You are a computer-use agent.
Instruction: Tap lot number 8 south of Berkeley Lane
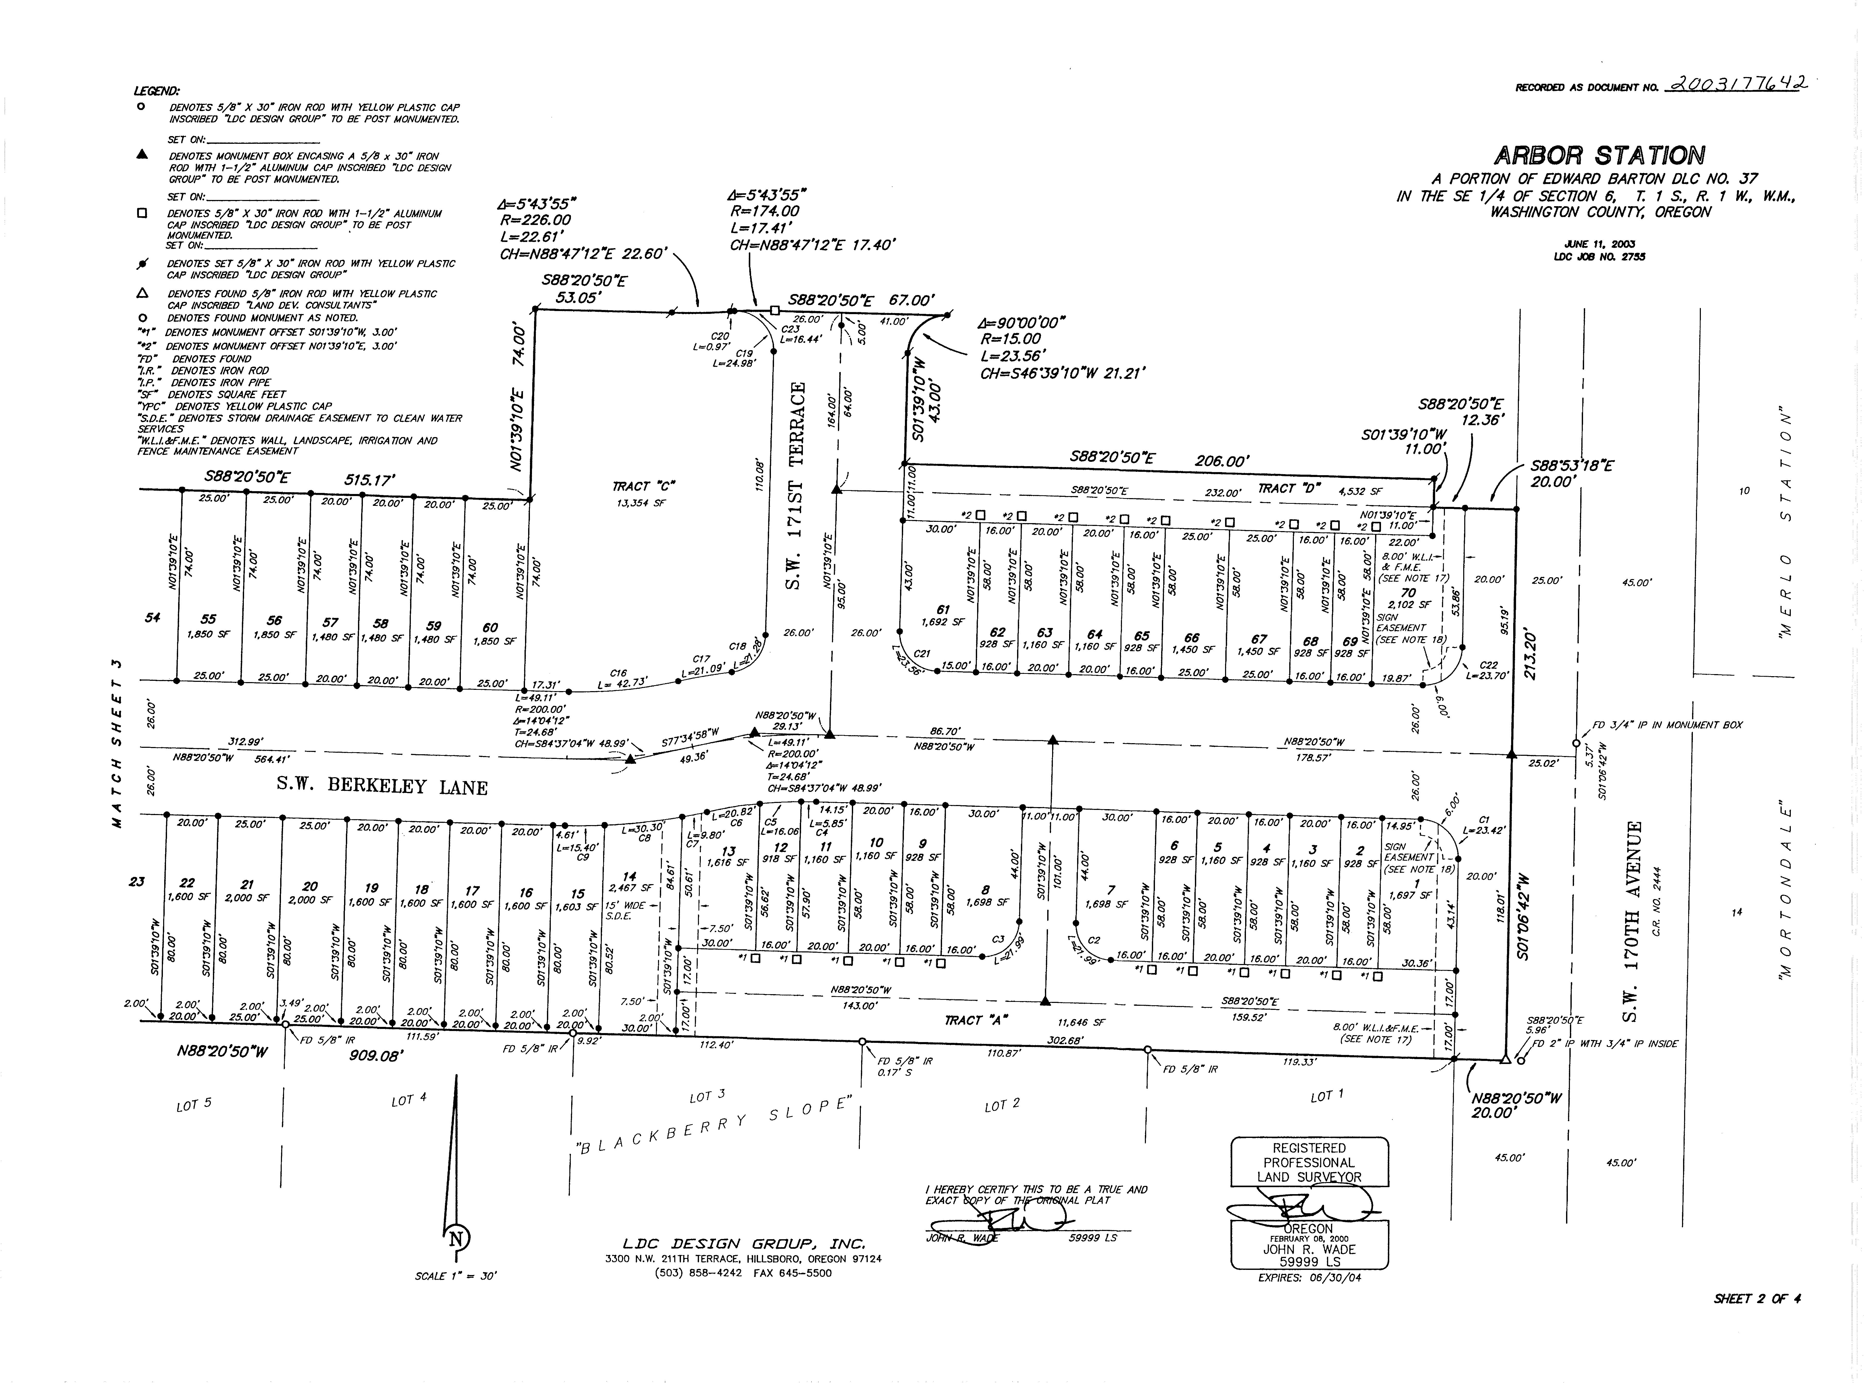click(986, 890)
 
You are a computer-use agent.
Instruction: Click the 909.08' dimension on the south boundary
click(376, 1057)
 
